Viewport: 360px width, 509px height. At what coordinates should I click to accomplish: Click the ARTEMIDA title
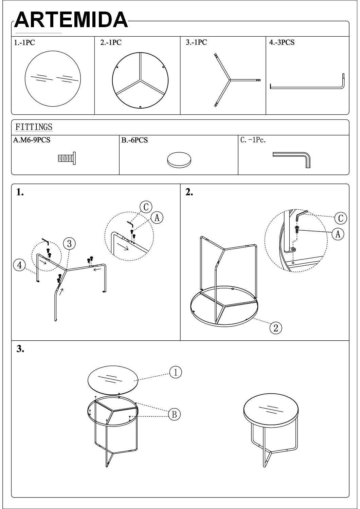pos(71,20)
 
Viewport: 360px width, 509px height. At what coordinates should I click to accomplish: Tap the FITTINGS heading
pos(34,127)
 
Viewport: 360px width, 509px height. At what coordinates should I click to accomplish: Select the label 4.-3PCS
pos(282,42)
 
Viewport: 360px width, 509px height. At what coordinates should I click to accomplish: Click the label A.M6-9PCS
pos(32,140)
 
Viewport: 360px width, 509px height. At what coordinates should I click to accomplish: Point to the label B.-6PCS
pos(134,140)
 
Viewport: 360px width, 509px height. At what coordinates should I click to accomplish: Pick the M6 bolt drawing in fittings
pos(67,158)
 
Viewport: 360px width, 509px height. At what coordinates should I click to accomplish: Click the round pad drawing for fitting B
pos(179,159)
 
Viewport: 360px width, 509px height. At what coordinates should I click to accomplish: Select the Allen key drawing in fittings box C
pos(291,160)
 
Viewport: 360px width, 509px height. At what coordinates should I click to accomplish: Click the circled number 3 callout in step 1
pos(69,244)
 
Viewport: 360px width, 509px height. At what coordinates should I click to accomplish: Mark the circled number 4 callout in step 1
pos(19,265)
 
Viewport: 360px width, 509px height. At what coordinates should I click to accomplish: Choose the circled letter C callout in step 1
pos(146,207)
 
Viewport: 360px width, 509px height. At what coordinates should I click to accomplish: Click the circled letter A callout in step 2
pos(338,234)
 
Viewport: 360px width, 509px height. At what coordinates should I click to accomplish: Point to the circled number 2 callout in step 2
pos(276,328)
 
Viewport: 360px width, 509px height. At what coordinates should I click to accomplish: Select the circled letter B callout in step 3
pos(174,414)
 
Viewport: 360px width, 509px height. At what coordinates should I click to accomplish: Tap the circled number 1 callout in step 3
pos(176,372)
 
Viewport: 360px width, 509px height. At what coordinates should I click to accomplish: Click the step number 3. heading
pos(20,349)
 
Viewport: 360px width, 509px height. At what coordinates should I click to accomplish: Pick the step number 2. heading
pos(189,192)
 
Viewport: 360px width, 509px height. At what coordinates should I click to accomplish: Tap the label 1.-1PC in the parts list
pos(24,42)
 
